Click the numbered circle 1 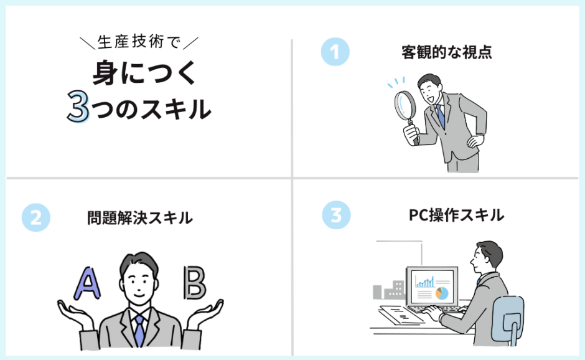[335, 52]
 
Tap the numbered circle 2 [35, 217]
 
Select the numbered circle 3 [336, 216]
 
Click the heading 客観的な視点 [447, 52]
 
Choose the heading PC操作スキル [456, 216]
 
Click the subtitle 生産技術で [139, 42]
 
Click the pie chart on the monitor [441, 293]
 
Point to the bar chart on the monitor [425, 282]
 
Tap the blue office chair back [507, 312]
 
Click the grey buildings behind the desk [388, 290]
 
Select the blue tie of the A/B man [139, 330]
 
